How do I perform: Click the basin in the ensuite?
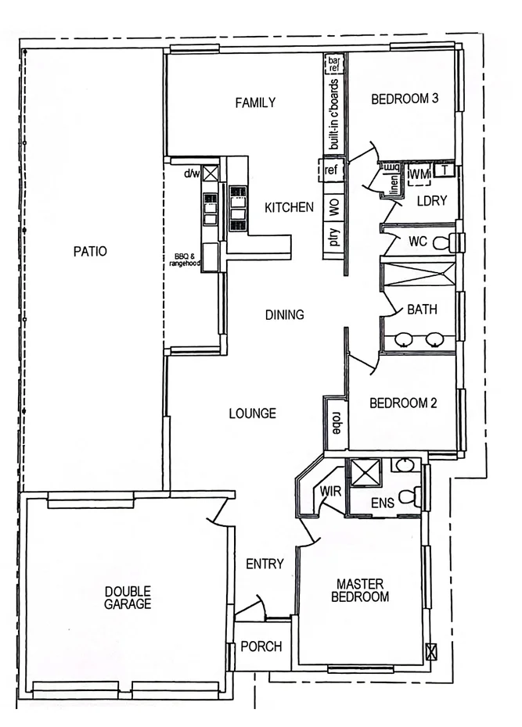405,467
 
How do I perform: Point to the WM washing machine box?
419,173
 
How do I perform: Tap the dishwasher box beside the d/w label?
210,175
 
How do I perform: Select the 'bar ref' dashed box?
333,64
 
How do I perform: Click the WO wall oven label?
333,207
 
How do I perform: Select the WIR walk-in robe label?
329,490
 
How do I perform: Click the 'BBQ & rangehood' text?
185,260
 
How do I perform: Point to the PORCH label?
261,646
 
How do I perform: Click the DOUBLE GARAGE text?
128,598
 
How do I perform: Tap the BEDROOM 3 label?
404,99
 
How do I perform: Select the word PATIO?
90,252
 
